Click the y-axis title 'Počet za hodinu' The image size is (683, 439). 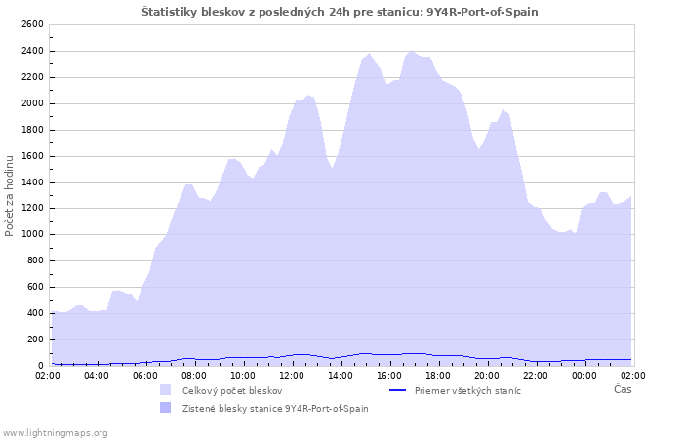[x=11, y=194]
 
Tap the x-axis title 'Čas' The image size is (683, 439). [x=623, y=389]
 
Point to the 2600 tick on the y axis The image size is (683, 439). [x=31, y=24]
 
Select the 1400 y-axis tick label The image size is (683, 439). [x=31, y=182]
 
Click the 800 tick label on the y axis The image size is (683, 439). [x=34, y=260]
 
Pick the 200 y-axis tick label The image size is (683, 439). [x=34, y=339]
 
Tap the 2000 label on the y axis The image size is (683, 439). [x=31, y=103]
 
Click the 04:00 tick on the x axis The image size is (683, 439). [x=97, y=375]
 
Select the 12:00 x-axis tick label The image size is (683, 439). [x=292, y=375]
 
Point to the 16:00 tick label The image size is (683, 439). [x=389, y=375]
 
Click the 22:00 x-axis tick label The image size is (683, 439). [x=536, y=375]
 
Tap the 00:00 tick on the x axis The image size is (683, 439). [x=584, y=375]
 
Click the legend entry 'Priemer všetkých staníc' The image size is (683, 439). [x=467, y=390]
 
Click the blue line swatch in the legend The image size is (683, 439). [x=397, y=390]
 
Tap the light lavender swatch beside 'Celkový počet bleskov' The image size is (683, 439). [x=165, y=390]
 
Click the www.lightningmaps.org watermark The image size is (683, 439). [x=56, y=432]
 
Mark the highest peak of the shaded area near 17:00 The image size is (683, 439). [x=412, y=51]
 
